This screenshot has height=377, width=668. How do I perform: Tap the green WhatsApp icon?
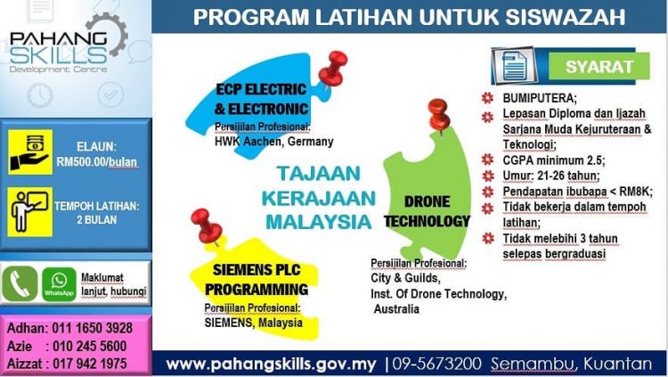[x=59, y=283]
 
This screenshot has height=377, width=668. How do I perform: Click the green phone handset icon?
[x=20, y=283]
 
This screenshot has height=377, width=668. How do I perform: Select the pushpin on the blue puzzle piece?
[x=336, y=68]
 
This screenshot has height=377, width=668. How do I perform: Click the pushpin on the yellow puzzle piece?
[x=208, y=225]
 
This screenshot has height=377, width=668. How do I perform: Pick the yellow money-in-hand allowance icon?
[x=29, y=152]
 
